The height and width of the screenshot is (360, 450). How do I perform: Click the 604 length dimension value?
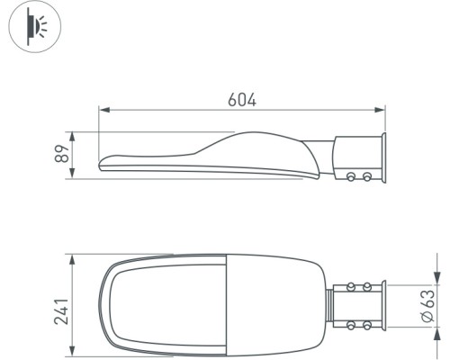click(x=242, y=100)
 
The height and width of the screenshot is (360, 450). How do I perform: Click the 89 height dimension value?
click(x=62, y=154)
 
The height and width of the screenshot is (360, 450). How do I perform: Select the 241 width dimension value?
click(x=61, y=311)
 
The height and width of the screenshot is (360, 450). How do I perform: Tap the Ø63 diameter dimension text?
click(x=427, y=306)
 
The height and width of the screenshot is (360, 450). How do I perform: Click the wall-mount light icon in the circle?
click(x=35, y=26)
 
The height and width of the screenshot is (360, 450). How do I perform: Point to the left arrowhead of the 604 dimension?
click(x=103, y=110)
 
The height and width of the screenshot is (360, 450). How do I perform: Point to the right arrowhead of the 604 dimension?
click(x=380, y=110)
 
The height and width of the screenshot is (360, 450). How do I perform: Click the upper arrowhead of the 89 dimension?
click(x=72, y=137)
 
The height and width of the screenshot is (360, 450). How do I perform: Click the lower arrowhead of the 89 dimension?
click(x=72, y=174)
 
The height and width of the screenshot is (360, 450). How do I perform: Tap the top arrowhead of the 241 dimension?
click(x=72, y=259)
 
